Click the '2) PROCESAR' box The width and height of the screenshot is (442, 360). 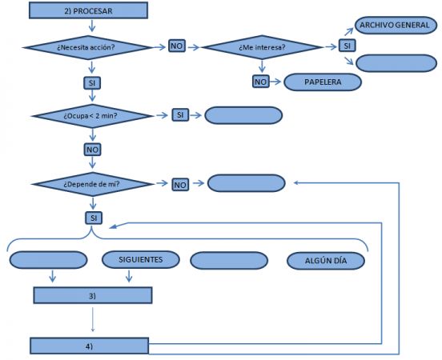click(88, 10)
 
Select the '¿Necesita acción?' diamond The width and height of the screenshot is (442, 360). click(88, 47)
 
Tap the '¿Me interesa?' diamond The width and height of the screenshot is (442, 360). click(262, 47)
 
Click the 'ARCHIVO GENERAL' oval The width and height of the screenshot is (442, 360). click(396, 25)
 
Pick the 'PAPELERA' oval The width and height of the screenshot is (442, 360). click(323, 82)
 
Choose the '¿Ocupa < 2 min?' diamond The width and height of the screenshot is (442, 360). click(92, 116)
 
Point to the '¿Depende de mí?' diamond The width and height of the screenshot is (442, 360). click(92, 184)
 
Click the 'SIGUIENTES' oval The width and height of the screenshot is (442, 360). click(141, 259)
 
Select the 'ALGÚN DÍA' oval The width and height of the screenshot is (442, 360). click(326, 261)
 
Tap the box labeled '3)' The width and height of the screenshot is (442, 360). click(93, 295)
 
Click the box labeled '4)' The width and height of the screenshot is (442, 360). click(90, 346)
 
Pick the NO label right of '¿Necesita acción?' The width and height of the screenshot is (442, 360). click(177, 46)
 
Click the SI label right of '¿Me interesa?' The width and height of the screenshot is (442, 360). click(348, 46)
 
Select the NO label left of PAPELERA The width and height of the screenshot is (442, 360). click(261, 82)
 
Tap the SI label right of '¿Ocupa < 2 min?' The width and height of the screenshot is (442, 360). click(180, 115)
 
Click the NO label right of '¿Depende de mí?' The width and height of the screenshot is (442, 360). click(180, 185)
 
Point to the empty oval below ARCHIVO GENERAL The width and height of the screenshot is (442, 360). click(396, 63)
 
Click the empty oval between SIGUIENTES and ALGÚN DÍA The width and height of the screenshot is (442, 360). click(229, 261)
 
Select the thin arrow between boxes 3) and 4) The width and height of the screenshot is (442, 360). click(93, 319)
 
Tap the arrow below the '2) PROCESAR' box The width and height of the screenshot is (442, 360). click(92, 26)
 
